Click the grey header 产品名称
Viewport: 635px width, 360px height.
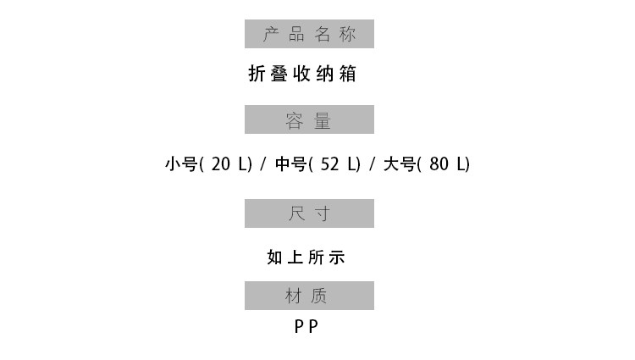pyautogui.click(x=309, y=34)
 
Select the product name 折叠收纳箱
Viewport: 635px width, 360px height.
pyautogui.click(x=302, y=74)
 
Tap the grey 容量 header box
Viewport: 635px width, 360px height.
pyautogui.click(x=309, y=119)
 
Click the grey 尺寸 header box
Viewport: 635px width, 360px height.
pyautogui.click(x=309, y=213)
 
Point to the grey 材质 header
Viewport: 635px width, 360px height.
pyautogui.click(x=309, y=296)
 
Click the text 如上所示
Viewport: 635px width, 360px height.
pyautogui.click(x=306, y=258)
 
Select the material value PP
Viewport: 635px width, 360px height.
pyautogui.click(x=306, y=326)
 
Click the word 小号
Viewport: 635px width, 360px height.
pyautogui.click(x=181, y=164)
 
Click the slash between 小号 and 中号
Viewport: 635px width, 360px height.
pyautogui.click(x=264, y=164)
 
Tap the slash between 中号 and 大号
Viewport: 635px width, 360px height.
pyautogui.click(x=372, y=164)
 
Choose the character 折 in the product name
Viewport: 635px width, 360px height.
pyautogui.click(x=257, y=74)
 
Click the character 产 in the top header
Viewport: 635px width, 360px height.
pyautogui.click(x=271, y=34)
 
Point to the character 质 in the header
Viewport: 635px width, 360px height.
pyautogui.click(x=318, y=296)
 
